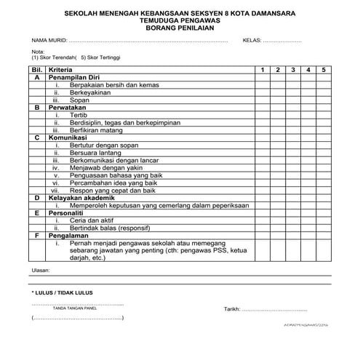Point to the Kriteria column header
click(x=62, y=68)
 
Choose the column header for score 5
click(x=325, y=68)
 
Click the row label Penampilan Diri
click(x=75, y=76)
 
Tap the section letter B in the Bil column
click(x=36, y=107)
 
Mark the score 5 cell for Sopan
click(x=325, y=100)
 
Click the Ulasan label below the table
click(x=41, y=270)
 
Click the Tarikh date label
click(x=234, y=309)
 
